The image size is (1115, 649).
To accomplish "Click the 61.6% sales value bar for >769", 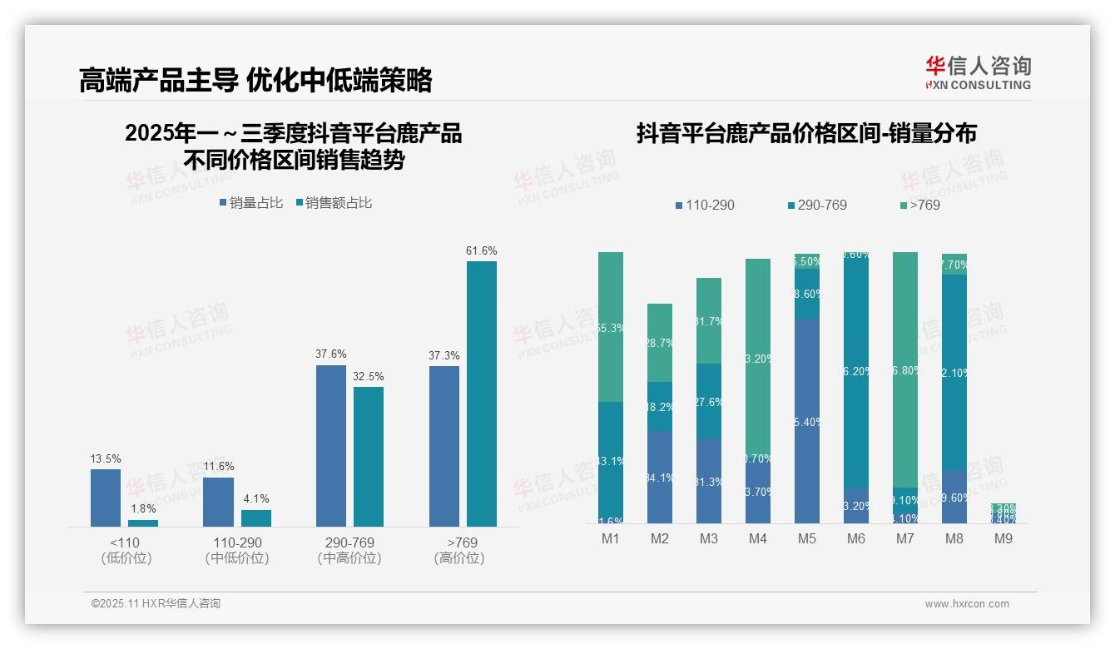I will coord(481,394).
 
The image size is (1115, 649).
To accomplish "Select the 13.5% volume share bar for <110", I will coord(106,498).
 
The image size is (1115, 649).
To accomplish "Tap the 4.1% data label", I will coord(256,499).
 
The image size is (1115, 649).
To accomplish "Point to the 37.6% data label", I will coord(330,354).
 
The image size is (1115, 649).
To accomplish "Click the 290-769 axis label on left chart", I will coord(349,542).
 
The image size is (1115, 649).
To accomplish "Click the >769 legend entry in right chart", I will coord(920,205).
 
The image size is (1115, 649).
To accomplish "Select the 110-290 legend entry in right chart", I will coord(705,205).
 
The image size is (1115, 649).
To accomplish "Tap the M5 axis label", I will coord(806,539).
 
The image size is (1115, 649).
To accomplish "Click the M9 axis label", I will coord(1003,539).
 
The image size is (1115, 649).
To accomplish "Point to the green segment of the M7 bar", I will coord(905,369).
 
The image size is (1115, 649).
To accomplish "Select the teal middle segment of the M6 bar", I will coord(856,370).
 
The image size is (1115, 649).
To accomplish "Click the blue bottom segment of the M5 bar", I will coord(806,420).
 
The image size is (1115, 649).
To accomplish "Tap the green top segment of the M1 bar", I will coord(611,326).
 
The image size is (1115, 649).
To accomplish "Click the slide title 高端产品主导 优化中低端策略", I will coord(256,80).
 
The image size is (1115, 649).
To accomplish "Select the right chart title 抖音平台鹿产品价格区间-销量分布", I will coord(806,134).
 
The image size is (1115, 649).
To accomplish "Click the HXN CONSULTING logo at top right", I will coord(978,73).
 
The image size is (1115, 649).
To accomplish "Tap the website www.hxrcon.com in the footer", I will coord(967,604).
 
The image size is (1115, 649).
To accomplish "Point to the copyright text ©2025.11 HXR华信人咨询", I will coord(156,604).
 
